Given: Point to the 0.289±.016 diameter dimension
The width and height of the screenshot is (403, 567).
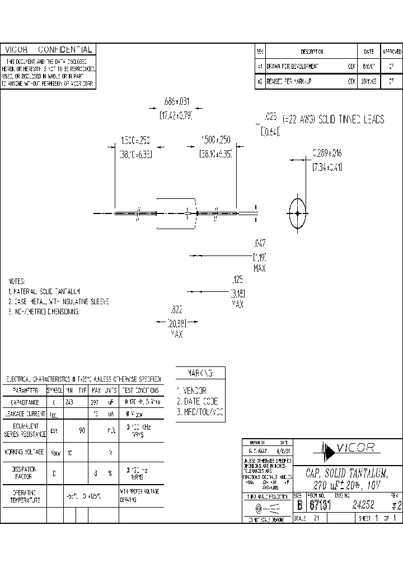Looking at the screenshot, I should pos(326,152).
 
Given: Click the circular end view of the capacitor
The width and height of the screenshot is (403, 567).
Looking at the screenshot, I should pos(297,213).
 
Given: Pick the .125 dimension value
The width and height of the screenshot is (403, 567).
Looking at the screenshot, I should pos(237,278).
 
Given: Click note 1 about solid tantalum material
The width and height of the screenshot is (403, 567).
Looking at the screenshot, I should pos(45,291).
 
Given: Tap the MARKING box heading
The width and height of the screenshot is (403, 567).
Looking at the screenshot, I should pos(200,373).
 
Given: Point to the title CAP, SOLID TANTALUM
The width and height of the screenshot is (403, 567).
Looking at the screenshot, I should pos(346,473).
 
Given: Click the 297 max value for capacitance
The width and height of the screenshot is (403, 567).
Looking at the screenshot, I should pos(96,402).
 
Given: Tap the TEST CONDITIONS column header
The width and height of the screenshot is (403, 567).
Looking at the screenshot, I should pos(140,390).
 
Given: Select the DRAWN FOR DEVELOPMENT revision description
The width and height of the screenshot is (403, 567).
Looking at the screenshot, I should pos(293,66).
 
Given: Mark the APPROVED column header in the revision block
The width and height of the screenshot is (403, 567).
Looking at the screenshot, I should pos(391,51).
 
